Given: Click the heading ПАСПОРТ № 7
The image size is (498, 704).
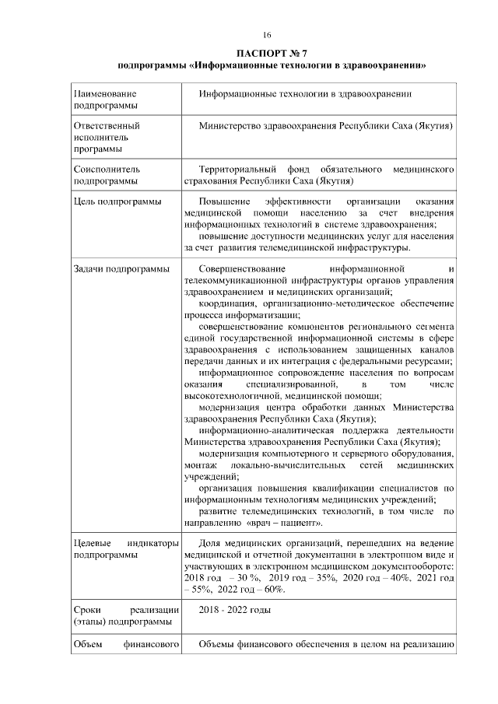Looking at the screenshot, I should tap(268, 53).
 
